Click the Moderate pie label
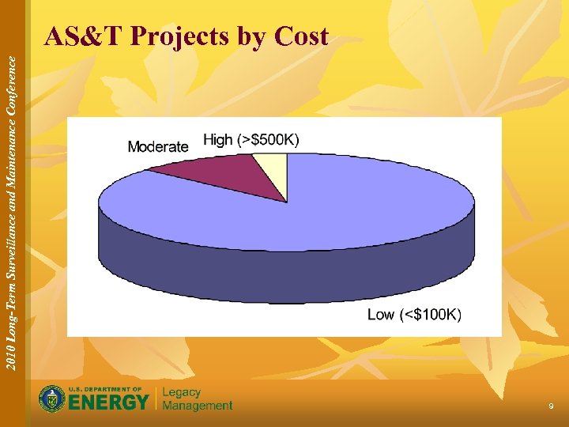coord(158,146)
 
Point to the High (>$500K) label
coord(251,140)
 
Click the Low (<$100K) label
coord(415,315)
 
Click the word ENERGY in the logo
coord(110,402)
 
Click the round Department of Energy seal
coord(53,399)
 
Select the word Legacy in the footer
coord(182,392)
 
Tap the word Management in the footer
coord(198,406)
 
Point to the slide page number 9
coord(551,406)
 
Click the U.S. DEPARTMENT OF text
coord(105,389)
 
